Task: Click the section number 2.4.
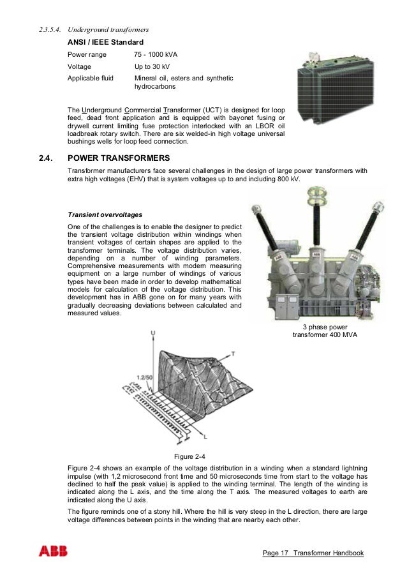(x=47, y=158)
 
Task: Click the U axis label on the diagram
(x=152, y=334)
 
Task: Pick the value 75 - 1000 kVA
(x=156, y=54)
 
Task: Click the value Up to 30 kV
(x=155, y=66)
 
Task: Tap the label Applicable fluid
(x=91, y=78)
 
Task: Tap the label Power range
(x=87, y=54)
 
